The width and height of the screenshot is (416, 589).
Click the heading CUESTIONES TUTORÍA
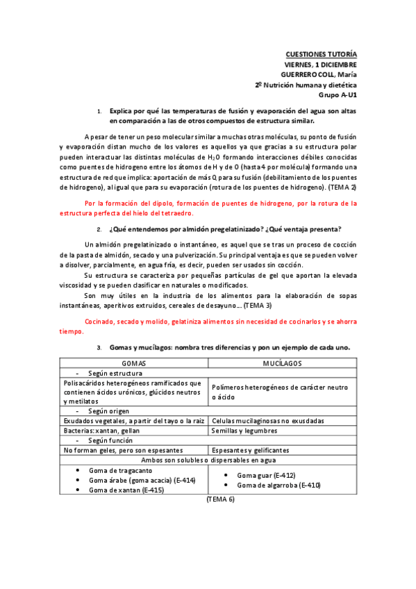(322, 54)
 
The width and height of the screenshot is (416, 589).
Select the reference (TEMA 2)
(342, 188)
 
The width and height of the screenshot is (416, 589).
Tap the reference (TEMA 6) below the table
(221, 499)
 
